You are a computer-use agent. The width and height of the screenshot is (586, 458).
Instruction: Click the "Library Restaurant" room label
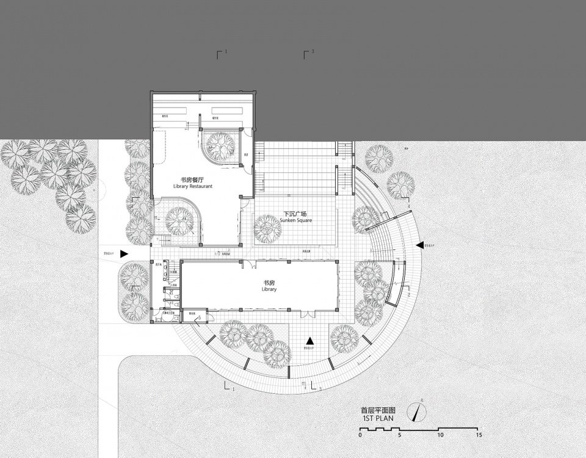coord(192,187)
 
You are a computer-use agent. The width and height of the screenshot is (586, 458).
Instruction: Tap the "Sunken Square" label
coord(297,220)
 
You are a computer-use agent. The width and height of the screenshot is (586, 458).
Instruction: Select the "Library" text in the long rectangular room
coord(269,289)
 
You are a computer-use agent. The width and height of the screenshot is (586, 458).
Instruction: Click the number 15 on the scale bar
coord(479,435)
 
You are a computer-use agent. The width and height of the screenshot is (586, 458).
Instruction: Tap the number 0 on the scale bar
coord(360,435)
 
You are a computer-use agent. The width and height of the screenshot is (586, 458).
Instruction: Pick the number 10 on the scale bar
coord(440,435)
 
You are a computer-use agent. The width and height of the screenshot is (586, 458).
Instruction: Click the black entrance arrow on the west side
coord(124,253)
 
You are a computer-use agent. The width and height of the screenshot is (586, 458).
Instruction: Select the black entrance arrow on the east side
coord(419,245)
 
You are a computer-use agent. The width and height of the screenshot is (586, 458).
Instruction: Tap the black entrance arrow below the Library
coord(310,341)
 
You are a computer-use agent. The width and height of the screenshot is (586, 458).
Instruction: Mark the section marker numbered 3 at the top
coord(309,53)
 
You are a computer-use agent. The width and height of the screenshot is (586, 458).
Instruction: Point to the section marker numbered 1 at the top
coord(222,53)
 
